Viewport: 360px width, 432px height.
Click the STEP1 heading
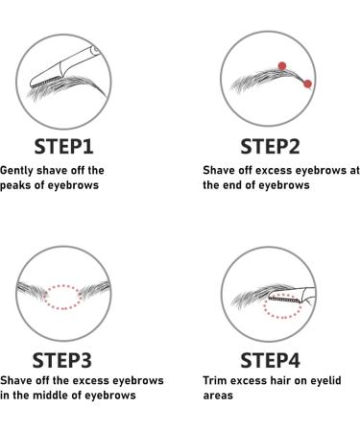(x=63, y=147)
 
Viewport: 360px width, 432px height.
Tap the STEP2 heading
(x=270, y=147)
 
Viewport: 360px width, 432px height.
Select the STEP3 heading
(x=62, y=360)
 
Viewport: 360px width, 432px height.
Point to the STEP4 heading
(x=271, y=360)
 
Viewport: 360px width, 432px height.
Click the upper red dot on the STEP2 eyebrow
(x=282, y=66)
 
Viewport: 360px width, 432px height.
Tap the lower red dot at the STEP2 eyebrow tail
(x=307, y=84)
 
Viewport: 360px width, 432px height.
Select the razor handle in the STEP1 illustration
(x=81, y=59)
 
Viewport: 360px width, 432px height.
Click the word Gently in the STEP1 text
(x=16, y=171)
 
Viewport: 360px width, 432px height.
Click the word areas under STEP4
(x=218, y=396)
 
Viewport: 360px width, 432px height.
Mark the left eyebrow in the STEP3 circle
(x=32, y=290)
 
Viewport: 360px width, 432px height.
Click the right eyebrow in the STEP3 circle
(x=95, y=289)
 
